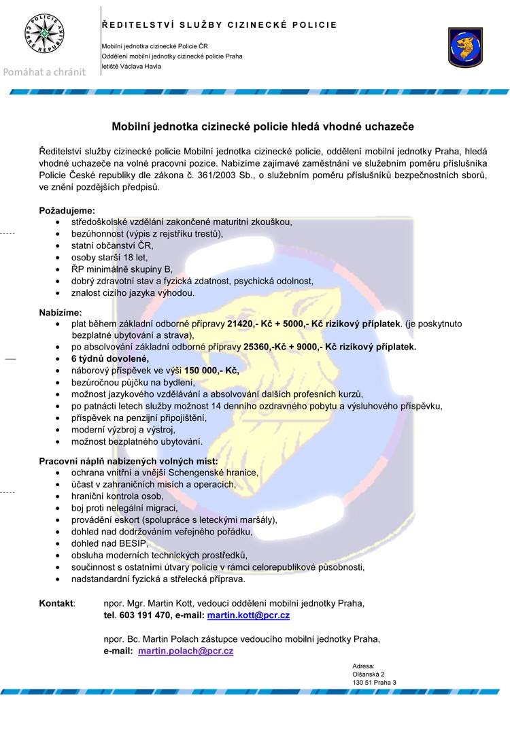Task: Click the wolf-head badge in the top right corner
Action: coord(466,47)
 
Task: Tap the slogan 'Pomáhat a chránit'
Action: coord(46,71)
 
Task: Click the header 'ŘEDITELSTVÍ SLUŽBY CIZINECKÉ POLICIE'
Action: coord(219,25)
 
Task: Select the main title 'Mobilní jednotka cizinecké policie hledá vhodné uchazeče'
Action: coord(262,126)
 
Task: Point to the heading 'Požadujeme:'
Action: coord(67,211)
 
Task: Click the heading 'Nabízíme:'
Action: coord(61,313)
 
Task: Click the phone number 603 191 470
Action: coord(145,615)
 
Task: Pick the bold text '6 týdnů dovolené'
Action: coord(109,358)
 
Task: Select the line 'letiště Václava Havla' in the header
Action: coord(131,67)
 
